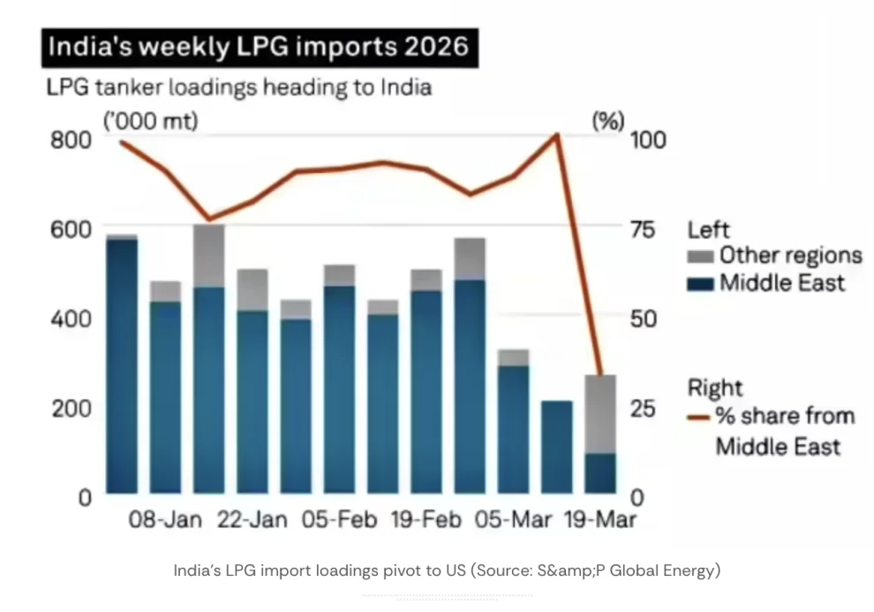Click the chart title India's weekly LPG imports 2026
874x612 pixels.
(257, 46)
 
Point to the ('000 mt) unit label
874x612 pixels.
(151, 122)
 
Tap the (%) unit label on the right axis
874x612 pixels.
(607, 122)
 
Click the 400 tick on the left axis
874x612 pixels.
(73, 318)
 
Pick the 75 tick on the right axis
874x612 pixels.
(643, 230)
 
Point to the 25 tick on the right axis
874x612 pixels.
(643, 408)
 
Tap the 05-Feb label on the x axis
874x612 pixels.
(339, 519)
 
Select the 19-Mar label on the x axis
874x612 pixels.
(600, 519)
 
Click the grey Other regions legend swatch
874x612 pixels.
(701, 257)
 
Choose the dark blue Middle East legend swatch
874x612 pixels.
(701, 283)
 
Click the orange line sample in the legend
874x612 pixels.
(701, 416)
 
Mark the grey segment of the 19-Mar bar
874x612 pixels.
(600, 413)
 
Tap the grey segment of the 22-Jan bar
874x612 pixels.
(252, 290)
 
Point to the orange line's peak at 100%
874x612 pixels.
(556, 135)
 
